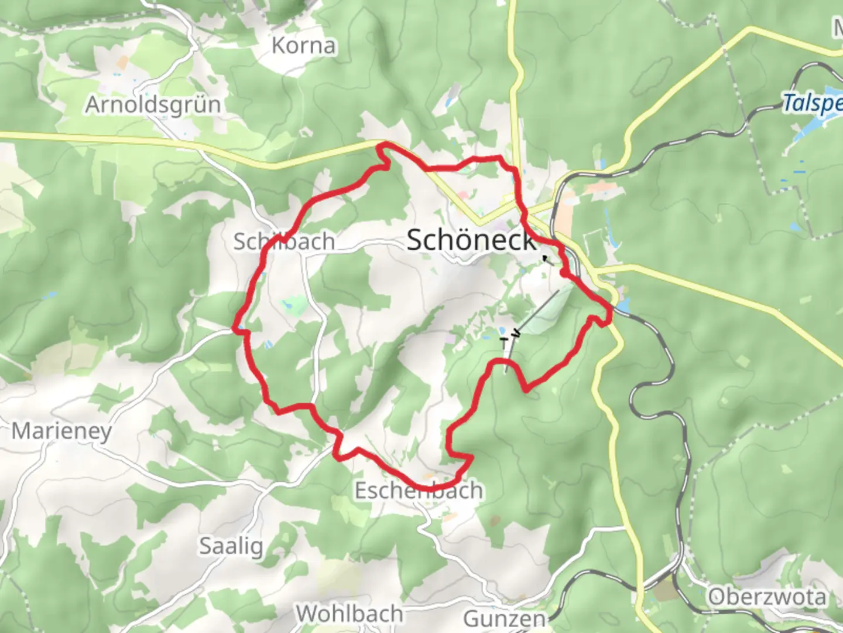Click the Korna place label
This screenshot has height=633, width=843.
pos(304,46)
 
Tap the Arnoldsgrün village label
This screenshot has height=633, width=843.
pos(153,105)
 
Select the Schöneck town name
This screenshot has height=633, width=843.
pos(471,240)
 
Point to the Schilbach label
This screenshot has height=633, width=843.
pos(284,241)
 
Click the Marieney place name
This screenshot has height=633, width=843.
pos(61,431)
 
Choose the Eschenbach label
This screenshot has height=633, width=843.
pos(419,490)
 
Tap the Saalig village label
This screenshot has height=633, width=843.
pos(231,546)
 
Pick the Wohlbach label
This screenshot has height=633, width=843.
pos(349,614)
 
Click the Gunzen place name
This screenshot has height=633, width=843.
pos(505,619)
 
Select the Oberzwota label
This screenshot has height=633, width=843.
pos(767,597)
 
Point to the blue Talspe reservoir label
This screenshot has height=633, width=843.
pos(813,104)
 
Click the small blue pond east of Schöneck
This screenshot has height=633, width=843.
pos(623,305)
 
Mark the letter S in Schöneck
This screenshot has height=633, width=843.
pos(415,240)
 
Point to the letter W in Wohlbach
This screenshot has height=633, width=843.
pos(306,614)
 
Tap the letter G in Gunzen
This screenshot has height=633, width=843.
pos(472,619)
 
